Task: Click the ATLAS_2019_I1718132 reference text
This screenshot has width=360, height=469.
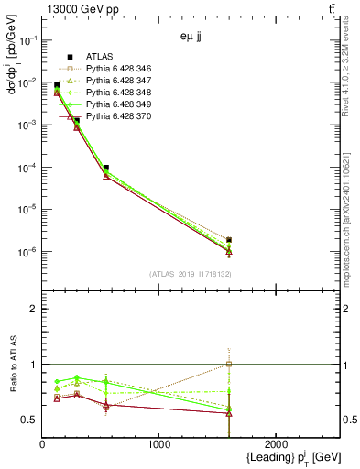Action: tap(191, 273)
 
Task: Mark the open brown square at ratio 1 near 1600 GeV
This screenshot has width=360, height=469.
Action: tap(229, 364)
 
